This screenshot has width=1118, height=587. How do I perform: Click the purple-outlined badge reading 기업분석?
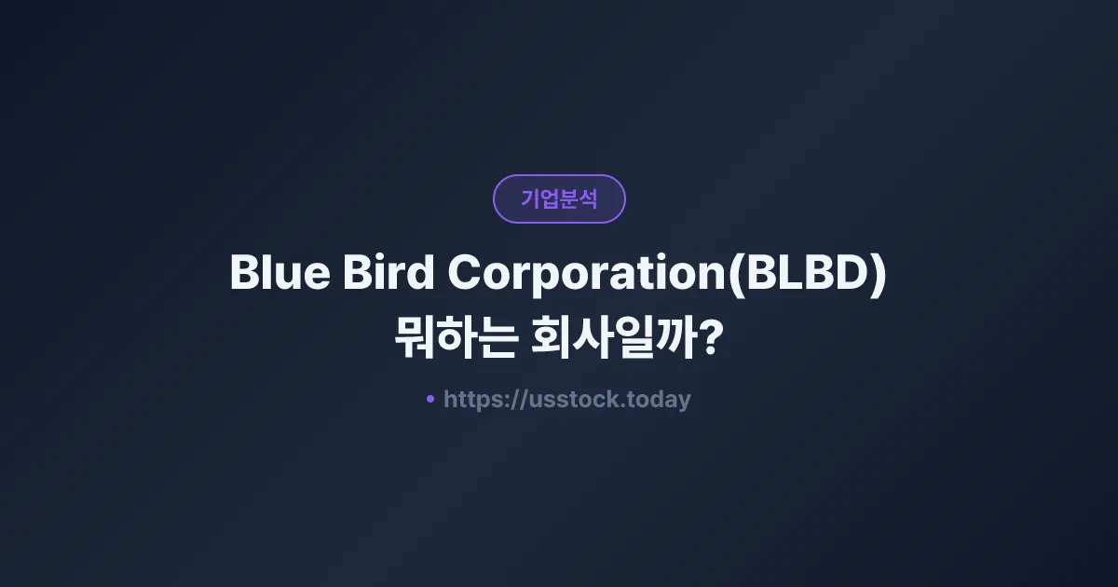pyautogui.click(x=559, y=198)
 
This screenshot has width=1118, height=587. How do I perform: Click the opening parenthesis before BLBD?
pyautogui.click(x=732, y=274)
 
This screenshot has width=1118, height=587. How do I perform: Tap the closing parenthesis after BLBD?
pyautogui.click(x=878, y=274)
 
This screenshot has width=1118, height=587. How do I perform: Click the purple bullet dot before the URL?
pyautogui.click(x=430, y=399)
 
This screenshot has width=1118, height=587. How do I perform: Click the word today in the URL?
pyautogui.click(x=660, y=400)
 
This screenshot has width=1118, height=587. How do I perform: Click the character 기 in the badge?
pyautogui.click(x=530, y=198)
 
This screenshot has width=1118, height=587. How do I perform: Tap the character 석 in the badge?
pyautogui.click(x=587, y=198)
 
